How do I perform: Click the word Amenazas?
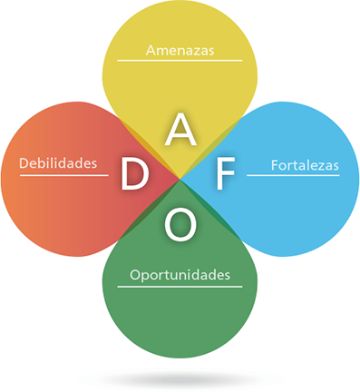click(180, 51)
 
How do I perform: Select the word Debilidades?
click(57, 164)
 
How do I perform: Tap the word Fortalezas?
click(304, 165)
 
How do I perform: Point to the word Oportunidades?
click(180, 274)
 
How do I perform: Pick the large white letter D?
click(134, 176)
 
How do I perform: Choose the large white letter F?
click(223, 176)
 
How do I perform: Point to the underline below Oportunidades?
click(180, 286)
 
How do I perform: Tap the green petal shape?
click(180, 318)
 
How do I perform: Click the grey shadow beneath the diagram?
click(180, 377)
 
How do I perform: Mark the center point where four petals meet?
click(180, 178)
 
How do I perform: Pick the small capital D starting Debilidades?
click(23, 164)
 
